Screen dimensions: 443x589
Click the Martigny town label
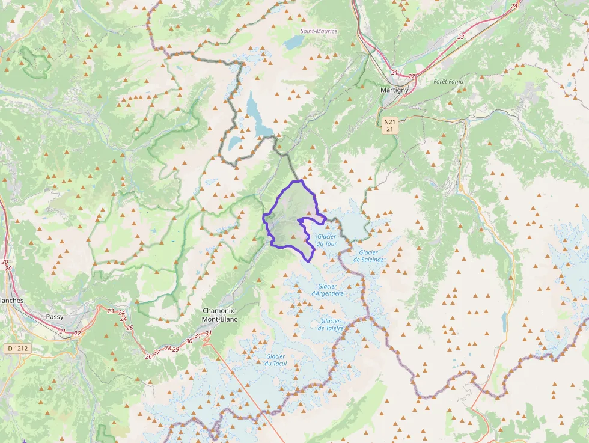(x=394, y=90)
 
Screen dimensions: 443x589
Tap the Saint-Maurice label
(x=319, y=31)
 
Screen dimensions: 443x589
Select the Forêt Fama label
(x=448, y=81)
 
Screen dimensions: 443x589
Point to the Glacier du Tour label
(x=326, y=240)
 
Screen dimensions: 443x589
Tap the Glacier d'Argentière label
(x=328, y=290)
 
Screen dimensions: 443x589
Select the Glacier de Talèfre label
(x=331, y=325)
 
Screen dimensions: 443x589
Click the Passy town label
(x=55, y=316)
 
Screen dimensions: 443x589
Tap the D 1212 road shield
(x=19, y=348)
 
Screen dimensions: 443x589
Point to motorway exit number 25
(x=130, y=328)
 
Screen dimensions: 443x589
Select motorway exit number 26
(x=148, y=356)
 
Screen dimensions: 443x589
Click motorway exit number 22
(x=77, y=334)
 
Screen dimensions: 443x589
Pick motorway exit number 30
(x=189, y=341)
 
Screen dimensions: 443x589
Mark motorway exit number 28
(x=168, y=349)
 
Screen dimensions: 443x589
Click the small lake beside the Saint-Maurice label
(x=294, y=42)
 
